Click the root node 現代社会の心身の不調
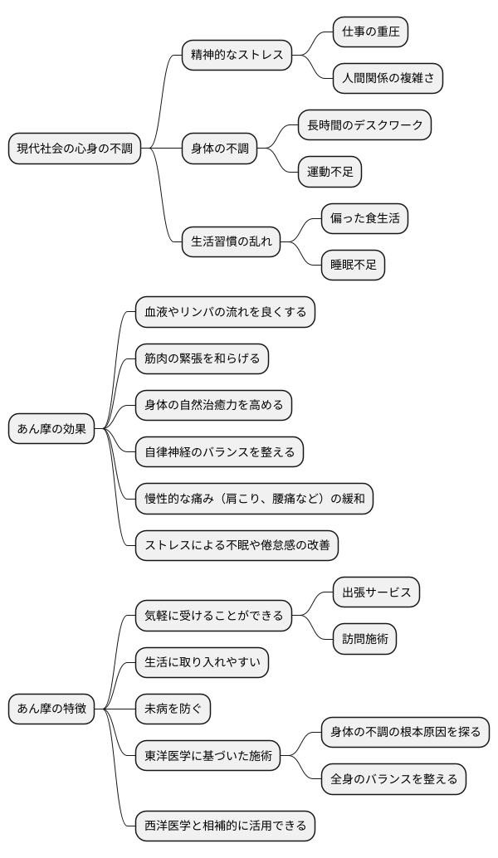coord(75,149)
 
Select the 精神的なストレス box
coord(237,56)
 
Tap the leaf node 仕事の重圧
coord(370,32)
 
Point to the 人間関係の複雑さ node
coord(388,79)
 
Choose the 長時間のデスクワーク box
coord(364,125)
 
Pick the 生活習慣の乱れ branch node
coord(231,243)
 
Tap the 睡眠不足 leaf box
coord(353,266)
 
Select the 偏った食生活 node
coord(364,219)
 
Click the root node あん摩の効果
coord(51,430)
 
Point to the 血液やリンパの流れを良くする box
coord(225,312)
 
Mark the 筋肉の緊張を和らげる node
coord(202,358)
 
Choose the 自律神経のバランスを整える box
coord(219,452)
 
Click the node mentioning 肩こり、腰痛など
coord(254,499)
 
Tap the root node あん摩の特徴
coord(51,709)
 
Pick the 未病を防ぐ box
coord(173,709)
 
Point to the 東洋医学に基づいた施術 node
coord(207,756)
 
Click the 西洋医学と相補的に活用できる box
coord(225,826)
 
